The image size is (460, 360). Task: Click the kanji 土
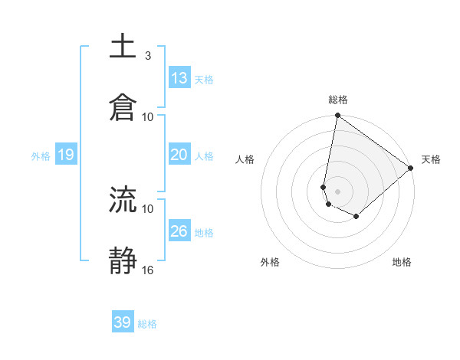[123, 47]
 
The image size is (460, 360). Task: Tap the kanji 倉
[123, 108]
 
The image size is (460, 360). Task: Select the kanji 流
[123, 200]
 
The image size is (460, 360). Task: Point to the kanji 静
[123, 261]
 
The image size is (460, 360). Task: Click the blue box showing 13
[179, 78]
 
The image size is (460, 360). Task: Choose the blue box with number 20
[179, 155]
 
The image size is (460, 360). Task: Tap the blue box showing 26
[179, 231]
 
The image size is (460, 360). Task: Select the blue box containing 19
[65, 155]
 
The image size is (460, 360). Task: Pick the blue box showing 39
[123, 322]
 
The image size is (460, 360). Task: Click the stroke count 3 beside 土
[148, 56]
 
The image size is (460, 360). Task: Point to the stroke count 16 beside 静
[148, 270]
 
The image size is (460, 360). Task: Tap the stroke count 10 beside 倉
[148, 116]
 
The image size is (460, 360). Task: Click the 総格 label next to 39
[147, 324]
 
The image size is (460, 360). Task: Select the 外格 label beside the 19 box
[41, 156]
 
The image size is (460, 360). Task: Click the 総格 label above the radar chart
[338, 100]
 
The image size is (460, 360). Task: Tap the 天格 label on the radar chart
[431, 160]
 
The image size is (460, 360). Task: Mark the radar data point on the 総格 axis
[337, 116]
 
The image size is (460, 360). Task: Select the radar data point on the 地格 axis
[356, 217]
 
